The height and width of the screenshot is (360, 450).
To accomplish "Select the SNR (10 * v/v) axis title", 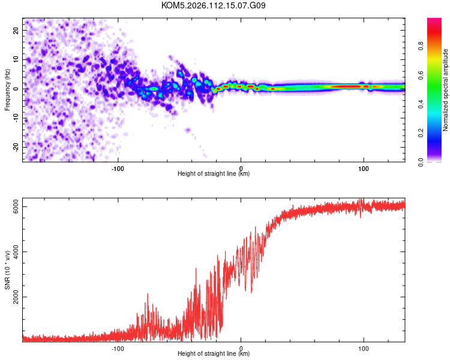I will click(7, 271).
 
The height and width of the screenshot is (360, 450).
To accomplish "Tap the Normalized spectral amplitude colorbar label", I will click(446, 90).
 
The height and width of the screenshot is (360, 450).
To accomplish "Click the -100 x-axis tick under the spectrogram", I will click(118, 169).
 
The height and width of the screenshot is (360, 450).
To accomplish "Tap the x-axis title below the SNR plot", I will click(214, 354).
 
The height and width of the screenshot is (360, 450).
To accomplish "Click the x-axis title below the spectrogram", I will click(214, 174).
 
